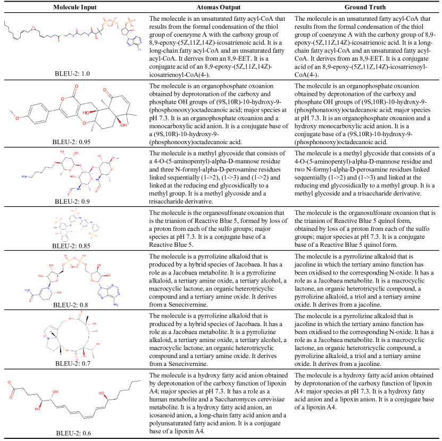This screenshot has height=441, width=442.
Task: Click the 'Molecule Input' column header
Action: pos(70,6)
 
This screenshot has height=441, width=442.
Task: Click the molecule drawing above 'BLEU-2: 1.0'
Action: pos(74,40)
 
